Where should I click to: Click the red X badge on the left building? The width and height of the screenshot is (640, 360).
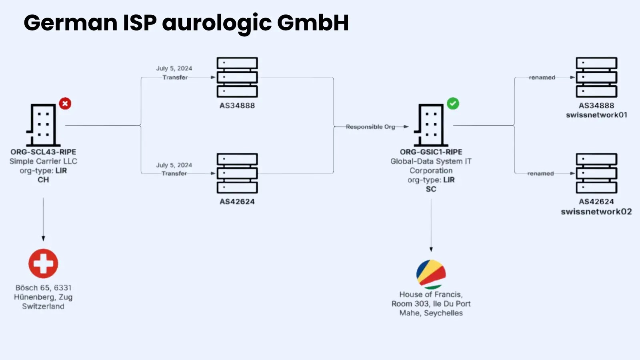point(65,104)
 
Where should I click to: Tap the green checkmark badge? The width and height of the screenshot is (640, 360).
point(453,104)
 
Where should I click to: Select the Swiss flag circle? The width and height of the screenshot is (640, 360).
point(43,264)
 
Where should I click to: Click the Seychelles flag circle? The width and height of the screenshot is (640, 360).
point(431,274)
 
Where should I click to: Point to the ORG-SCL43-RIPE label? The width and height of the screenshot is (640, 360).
point(43,152)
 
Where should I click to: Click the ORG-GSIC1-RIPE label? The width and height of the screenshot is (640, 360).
point(431,152)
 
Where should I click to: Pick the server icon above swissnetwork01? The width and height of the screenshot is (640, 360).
point(596,77)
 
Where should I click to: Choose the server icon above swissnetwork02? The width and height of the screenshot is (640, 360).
point(596,173)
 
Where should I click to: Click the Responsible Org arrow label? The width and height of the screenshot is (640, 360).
point(370,127)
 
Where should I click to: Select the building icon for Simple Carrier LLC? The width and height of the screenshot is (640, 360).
point(43,125)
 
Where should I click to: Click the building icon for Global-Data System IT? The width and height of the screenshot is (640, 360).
point(431,125)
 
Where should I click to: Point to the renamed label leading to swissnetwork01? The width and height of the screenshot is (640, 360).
point(542,78)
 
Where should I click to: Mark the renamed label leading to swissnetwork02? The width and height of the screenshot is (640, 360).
point(540,174)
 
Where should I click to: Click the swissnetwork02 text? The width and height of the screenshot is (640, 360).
point(596,212)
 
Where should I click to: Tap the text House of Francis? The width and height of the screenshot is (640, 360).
point(431,294)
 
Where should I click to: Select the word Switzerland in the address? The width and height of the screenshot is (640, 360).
point(43,306)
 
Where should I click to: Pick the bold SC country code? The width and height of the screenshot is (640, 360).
point(431,189)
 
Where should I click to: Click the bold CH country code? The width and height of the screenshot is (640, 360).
point(43,180)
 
